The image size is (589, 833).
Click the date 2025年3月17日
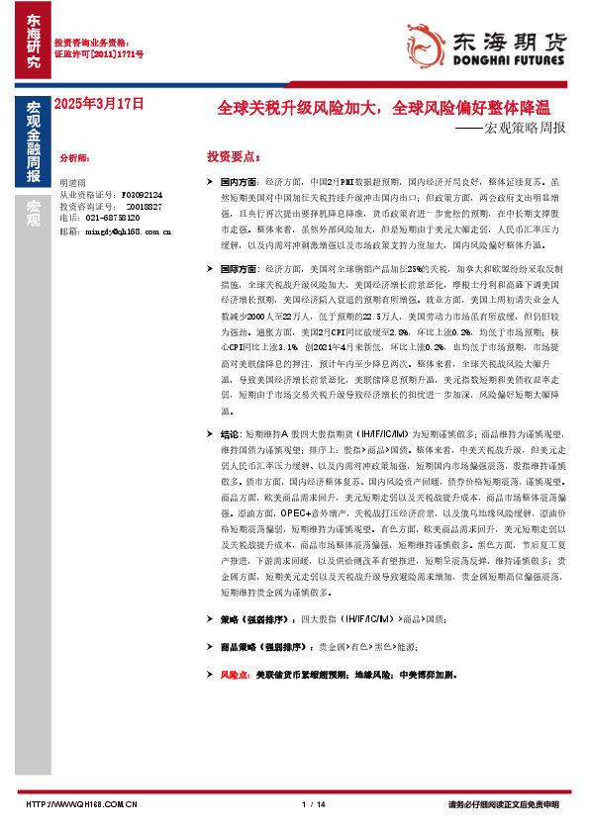point(99,103)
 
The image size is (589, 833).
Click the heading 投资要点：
point(234,157)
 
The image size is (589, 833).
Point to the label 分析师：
point(74,158)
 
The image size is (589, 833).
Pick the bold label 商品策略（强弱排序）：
point(266,646)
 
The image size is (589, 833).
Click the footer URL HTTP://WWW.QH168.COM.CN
point(80,804)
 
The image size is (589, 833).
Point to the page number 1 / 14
point(312,804)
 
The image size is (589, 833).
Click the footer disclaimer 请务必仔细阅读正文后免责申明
point(503,804)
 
